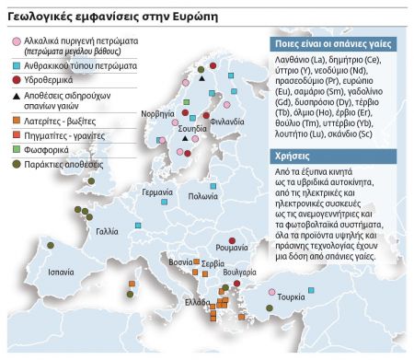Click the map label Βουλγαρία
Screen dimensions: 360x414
[x=239, y=274]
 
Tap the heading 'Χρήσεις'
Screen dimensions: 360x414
[x=292, y=157]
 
